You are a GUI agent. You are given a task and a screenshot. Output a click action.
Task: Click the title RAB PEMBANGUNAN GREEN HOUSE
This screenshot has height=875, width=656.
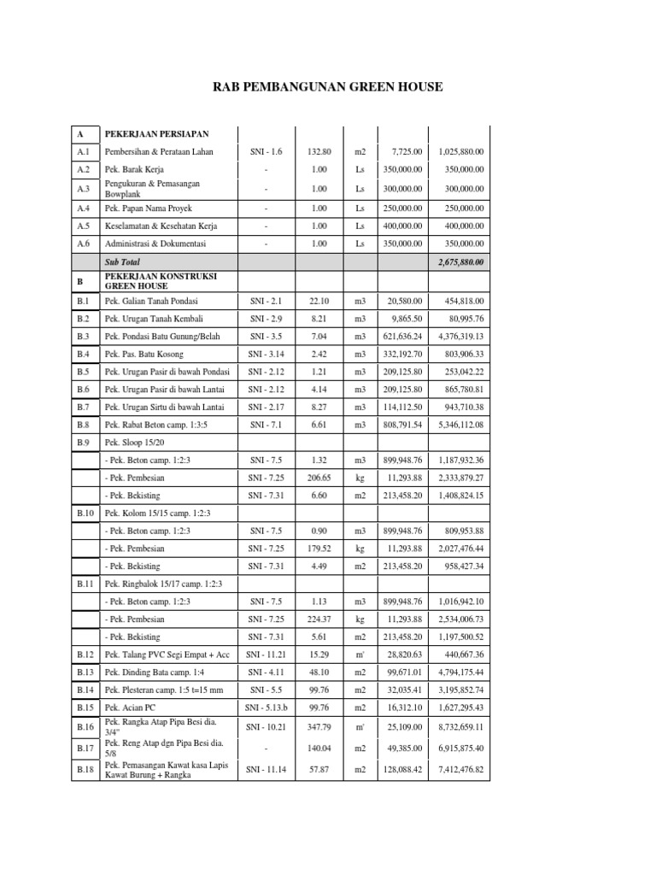tap(328, 87)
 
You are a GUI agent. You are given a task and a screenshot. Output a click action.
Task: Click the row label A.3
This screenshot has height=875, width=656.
tap(82, 189)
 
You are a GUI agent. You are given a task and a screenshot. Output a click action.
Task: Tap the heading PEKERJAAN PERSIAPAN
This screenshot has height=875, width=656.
tap(156, 134)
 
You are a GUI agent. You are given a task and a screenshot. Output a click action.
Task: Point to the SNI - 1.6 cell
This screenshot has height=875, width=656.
tap(266, 152)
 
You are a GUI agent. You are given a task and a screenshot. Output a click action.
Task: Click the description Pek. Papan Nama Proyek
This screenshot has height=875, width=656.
tap(149, 208)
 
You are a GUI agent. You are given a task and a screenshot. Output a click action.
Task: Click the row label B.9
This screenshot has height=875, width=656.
tap(83, 443)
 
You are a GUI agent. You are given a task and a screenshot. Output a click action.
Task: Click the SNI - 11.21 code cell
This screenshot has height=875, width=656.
tap(266, 654)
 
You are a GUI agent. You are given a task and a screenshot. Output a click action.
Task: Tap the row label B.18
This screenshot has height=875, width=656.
tap(84, 769)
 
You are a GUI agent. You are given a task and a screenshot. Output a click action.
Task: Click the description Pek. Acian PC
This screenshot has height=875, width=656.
tap(130, 708)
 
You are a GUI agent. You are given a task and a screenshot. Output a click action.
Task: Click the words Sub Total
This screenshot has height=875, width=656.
tap(121, 262)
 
